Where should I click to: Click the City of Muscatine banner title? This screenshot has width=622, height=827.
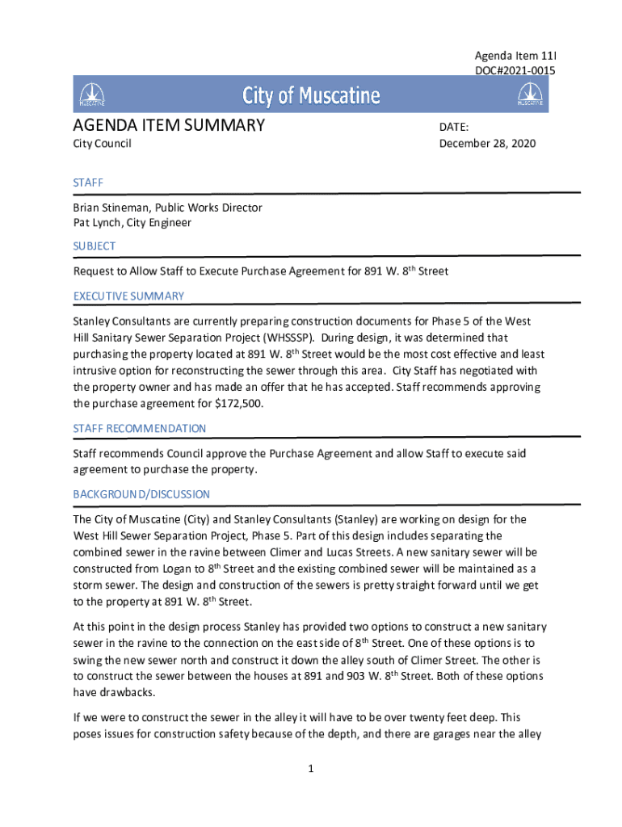click(311, 97)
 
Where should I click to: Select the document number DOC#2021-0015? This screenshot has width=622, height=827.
click(515, 71)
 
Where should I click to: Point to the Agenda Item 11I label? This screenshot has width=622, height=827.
click(515, 57)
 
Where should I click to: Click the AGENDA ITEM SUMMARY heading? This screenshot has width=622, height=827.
click(169, 125)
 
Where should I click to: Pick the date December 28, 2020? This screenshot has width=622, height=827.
click(487, 144)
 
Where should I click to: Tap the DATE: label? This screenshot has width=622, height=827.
click(454, 128)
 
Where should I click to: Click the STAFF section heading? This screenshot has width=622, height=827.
click(88, 183)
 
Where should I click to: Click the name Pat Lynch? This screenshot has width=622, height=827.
click(100, 223)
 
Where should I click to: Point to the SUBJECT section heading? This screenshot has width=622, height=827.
click(95, 246)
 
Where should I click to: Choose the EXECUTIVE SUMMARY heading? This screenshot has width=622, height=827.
click(128, 296)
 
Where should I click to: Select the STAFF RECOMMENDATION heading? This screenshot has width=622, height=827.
click(139, 428)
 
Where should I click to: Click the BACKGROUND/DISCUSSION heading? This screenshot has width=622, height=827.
click(141, 493)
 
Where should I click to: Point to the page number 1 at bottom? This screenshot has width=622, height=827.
click(310, 769)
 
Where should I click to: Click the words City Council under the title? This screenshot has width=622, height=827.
click(102, 144)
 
